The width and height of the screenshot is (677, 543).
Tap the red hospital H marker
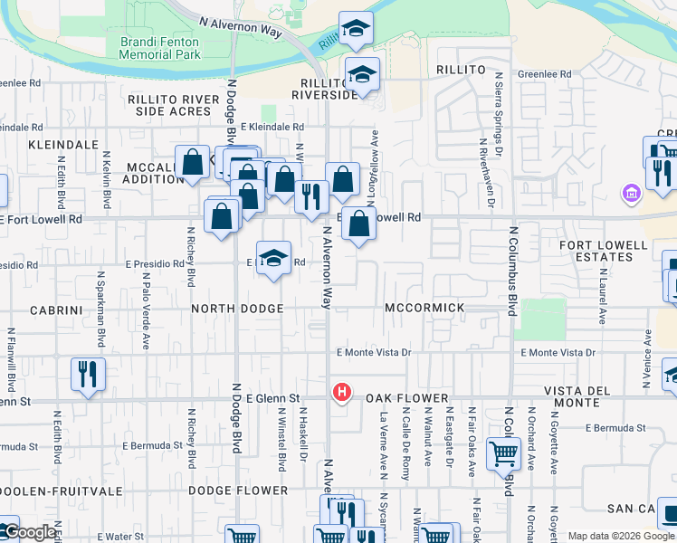(342, 393)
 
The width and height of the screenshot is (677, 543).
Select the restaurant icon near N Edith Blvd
(88, 374)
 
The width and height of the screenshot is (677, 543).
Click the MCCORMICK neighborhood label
(424, 308)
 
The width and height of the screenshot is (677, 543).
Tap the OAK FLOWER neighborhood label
(407, 398)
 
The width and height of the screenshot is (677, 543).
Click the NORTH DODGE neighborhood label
(238, 309)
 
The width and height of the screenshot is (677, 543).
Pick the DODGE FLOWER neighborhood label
(238, 491)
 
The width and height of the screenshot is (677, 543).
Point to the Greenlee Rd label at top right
(545, 74)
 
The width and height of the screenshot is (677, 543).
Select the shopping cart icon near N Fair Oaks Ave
(502, 453)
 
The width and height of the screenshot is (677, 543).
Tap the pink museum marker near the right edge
(631, 193)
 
